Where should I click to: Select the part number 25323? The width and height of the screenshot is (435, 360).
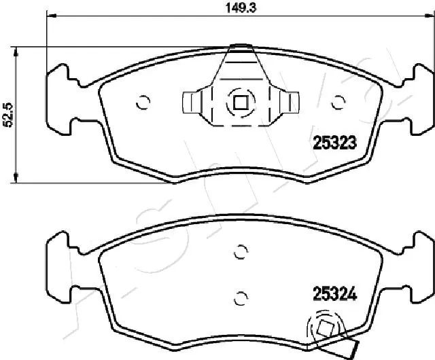pos(335,143)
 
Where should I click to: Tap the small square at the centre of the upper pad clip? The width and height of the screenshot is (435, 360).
pos(239,103)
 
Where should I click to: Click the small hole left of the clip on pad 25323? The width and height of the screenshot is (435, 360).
pos(143,103)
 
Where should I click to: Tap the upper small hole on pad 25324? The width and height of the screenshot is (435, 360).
pos(239,252)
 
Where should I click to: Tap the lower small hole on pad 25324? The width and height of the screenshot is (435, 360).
pos(239,297)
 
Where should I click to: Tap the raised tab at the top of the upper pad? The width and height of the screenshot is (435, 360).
pos(239,47)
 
